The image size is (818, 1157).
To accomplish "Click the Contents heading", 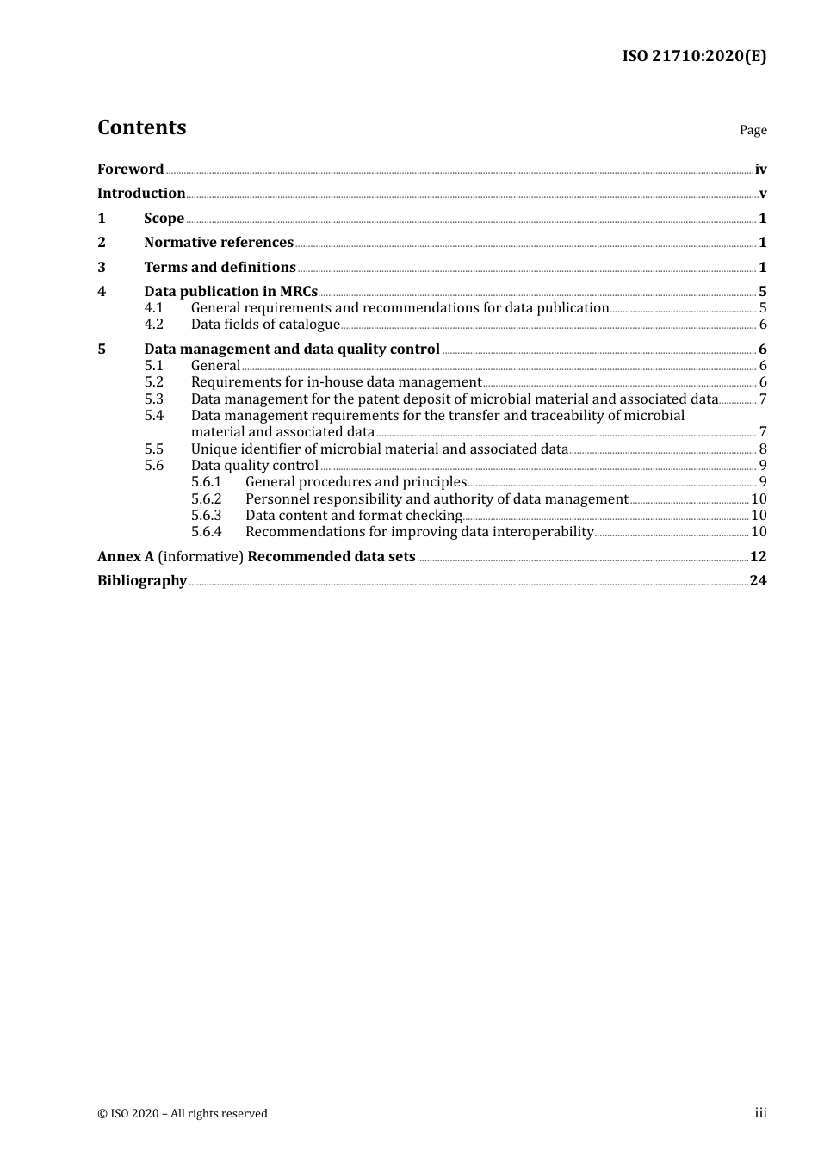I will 141,127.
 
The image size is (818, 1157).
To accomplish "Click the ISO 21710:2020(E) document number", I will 694,57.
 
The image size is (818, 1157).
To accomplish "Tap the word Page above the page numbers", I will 753,130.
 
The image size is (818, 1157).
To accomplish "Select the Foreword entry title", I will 130,170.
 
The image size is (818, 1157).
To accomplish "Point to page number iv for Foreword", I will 760,170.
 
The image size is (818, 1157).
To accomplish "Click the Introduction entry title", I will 141,194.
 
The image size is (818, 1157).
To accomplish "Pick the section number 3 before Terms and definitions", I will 102,268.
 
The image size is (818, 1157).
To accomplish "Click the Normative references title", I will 219,243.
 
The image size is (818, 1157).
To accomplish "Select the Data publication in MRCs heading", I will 231,292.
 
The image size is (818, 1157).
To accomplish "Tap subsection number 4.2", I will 154,325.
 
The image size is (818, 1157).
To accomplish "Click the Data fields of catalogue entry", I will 265,325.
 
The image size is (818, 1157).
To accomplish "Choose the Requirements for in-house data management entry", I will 336,382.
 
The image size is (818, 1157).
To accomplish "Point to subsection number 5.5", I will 154,449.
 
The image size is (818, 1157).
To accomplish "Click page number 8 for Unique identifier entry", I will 763,449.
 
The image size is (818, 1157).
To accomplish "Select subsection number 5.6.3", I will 207,516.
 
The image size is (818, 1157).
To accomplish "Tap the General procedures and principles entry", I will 356,482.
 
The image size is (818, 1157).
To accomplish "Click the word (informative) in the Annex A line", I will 201,557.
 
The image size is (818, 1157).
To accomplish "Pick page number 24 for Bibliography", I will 758,581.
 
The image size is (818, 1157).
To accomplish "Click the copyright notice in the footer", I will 183,1114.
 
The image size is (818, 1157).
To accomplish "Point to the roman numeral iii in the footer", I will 760,1113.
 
